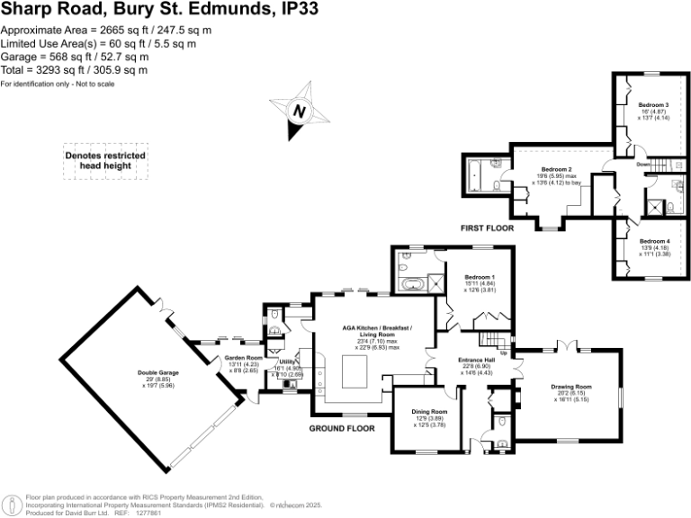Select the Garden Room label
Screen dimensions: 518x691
(x=243, y=358)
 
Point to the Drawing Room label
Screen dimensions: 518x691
(x=572, y=386)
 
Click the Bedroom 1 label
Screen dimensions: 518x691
(x=480, y=276)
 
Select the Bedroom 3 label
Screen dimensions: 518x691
(x=641, y=105)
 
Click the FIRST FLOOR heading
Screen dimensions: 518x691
(x=487, y=228)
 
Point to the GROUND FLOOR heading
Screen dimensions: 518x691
(x=342, y=428)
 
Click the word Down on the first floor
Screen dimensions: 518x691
(x=643, y=165)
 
